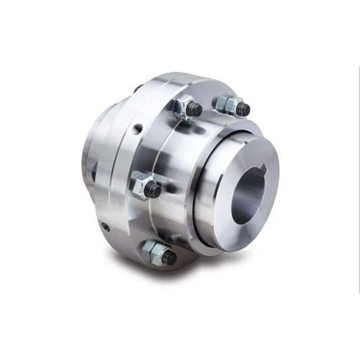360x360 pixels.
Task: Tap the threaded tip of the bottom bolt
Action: tap(169, 258)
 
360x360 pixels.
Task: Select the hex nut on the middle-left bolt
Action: tap(139, 184)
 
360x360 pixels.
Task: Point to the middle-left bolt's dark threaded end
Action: tap(153, 190)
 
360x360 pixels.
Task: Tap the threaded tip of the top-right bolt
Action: tap(242, 109)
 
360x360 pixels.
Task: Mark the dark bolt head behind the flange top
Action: tap(138, 87)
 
